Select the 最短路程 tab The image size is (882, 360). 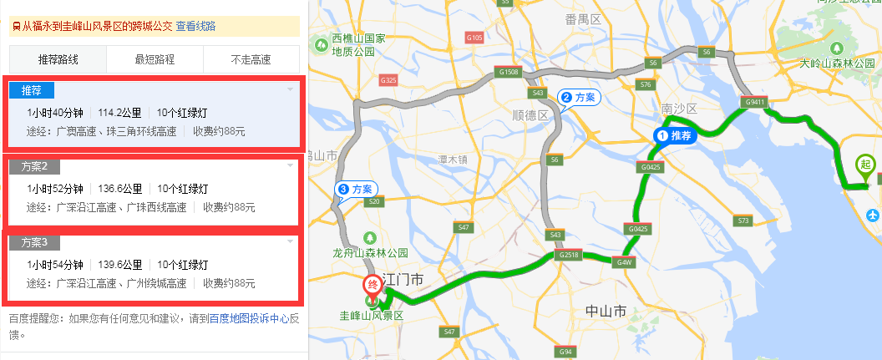click(155, 59)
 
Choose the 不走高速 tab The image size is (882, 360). click(251, 59)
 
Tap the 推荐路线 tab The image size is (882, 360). click(58, 59)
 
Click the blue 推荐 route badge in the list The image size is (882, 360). click(32, 90)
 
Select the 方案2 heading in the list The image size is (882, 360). click(35, 166)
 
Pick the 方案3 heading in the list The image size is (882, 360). click(35, 242)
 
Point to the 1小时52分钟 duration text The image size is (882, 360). click(55, 189)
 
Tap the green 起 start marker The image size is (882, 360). click(864, 165)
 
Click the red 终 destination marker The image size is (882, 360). click(373, 285)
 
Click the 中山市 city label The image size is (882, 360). click(606, 312)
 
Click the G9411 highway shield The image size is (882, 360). click(753, 103)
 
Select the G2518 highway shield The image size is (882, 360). click(570, 254)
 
